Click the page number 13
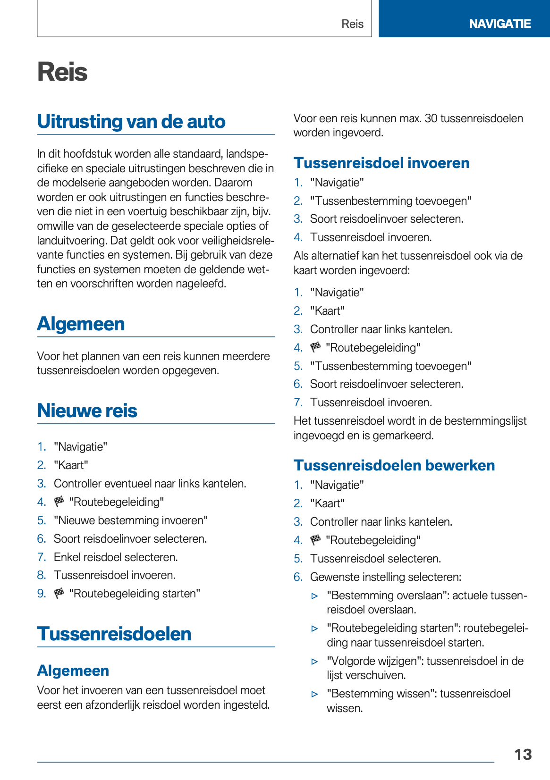523,755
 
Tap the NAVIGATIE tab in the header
499,24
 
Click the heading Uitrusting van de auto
131,121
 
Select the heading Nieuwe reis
87,411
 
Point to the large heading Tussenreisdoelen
114,634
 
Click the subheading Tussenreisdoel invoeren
381,163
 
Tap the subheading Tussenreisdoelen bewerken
394,465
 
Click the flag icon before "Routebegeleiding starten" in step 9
59,593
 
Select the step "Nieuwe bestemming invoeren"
131,520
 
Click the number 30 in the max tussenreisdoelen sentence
431,118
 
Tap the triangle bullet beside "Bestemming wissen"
315,694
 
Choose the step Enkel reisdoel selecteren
116,557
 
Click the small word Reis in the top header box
352,24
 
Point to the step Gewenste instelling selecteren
385,577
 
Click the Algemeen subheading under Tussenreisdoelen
73,671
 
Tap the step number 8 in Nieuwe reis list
42,575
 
